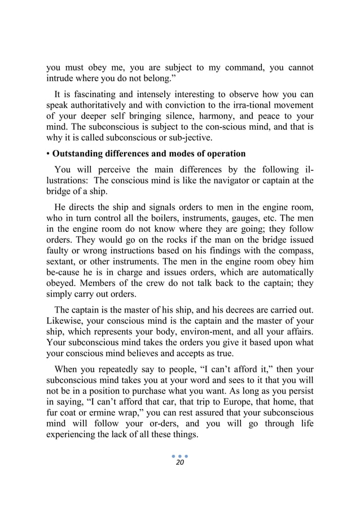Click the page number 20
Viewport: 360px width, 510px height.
pos(180,463)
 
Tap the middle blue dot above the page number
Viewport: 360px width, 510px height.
pos(180,455)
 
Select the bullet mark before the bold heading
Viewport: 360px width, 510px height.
pos(48,153)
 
